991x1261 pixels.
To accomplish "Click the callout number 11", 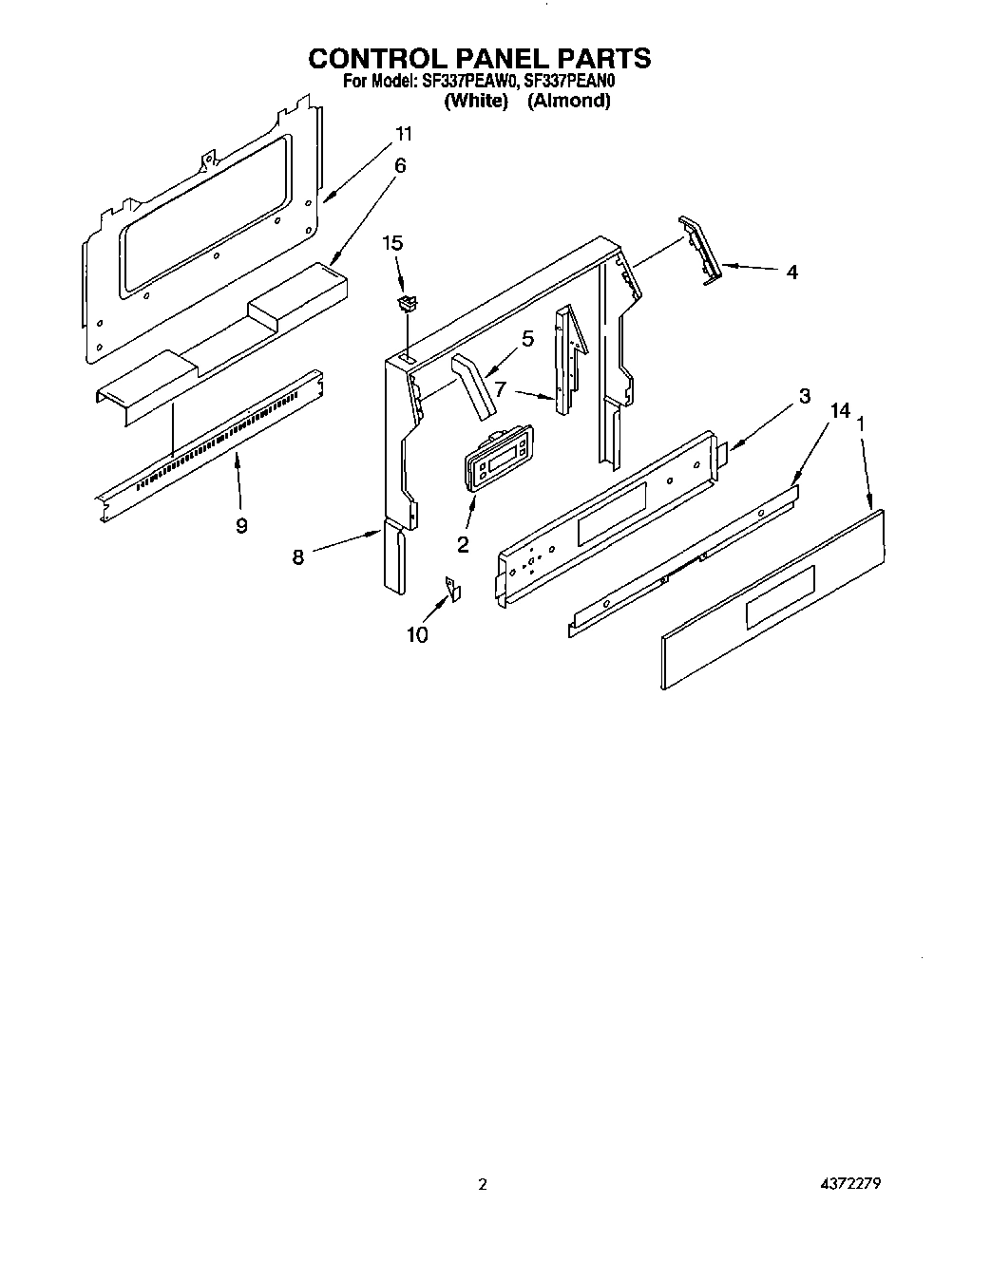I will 404,133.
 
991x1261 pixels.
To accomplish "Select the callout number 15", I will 392,243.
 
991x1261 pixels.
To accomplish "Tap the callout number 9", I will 241,524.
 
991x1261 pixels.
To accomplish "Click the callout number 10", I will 417,634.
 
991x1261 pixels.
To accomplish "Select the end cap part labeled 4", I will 701,250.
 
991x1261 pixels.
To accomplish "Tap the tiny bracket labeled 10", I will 453,590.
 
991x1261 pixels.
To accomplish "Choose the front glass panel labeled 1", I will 772,598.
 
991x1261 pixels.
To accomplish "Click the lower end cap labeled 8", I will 394,560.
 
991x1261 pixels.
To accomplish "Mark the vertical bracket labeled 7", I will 569,361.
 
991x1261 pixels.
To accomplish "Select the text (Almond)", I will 568,101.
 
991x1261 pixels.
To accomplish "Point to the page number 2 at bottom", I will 483,1184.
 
